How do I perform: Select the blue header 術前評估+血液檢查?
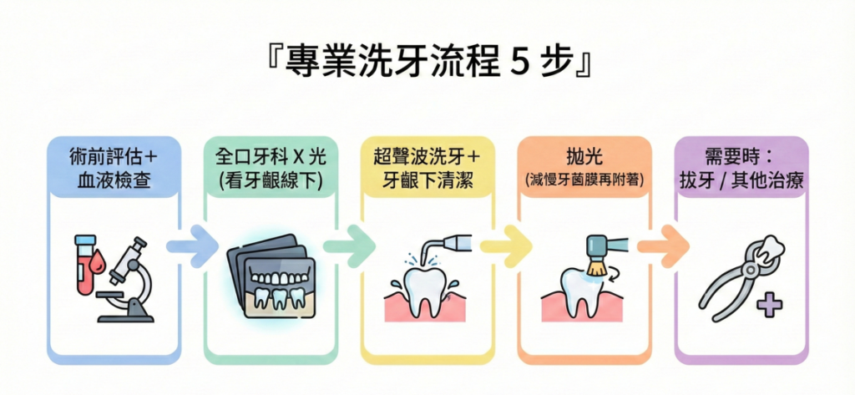pyautogui.click(x=114, y=167)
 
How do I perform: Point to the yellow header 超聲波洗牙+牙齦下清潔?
pyautogui.click(x=427, y=167)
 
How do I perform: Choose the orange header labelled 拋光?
pyautogui.click(x=584, y=156)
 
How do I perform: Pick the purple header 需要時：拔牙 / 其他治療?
pyautogui.click(x=741, y=167)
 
